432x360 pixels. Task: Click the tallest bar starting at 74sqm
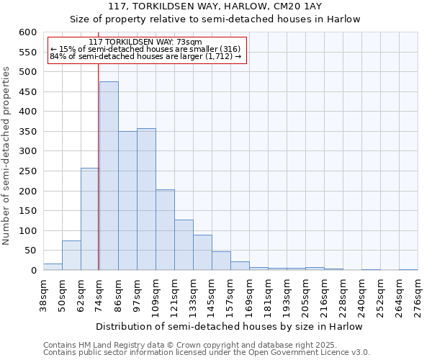(x=109, y=176)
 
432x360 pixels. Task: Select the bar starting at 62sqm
(x=89, y=220)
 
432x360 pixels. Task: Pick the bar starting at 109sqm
(x=165, y=230)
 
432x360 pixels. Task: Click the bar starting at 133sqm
(x=202, y=253)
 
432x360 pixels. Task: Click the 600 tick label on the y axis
(x=27, y=32)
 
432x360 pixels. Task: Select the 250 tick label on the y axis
(x=27, y=171)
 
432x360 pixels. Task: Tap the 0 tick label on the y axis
(x=33, y=271)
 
